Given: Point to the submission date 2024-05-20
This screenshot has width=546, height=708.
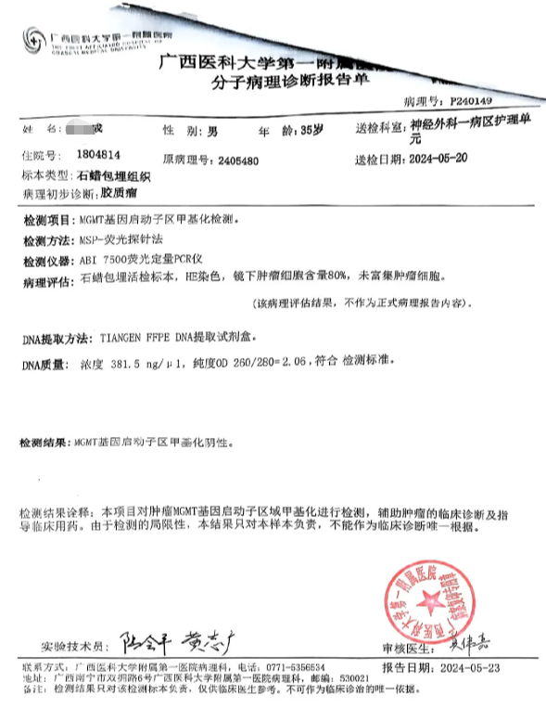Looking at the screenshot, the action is coord(444,159).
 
